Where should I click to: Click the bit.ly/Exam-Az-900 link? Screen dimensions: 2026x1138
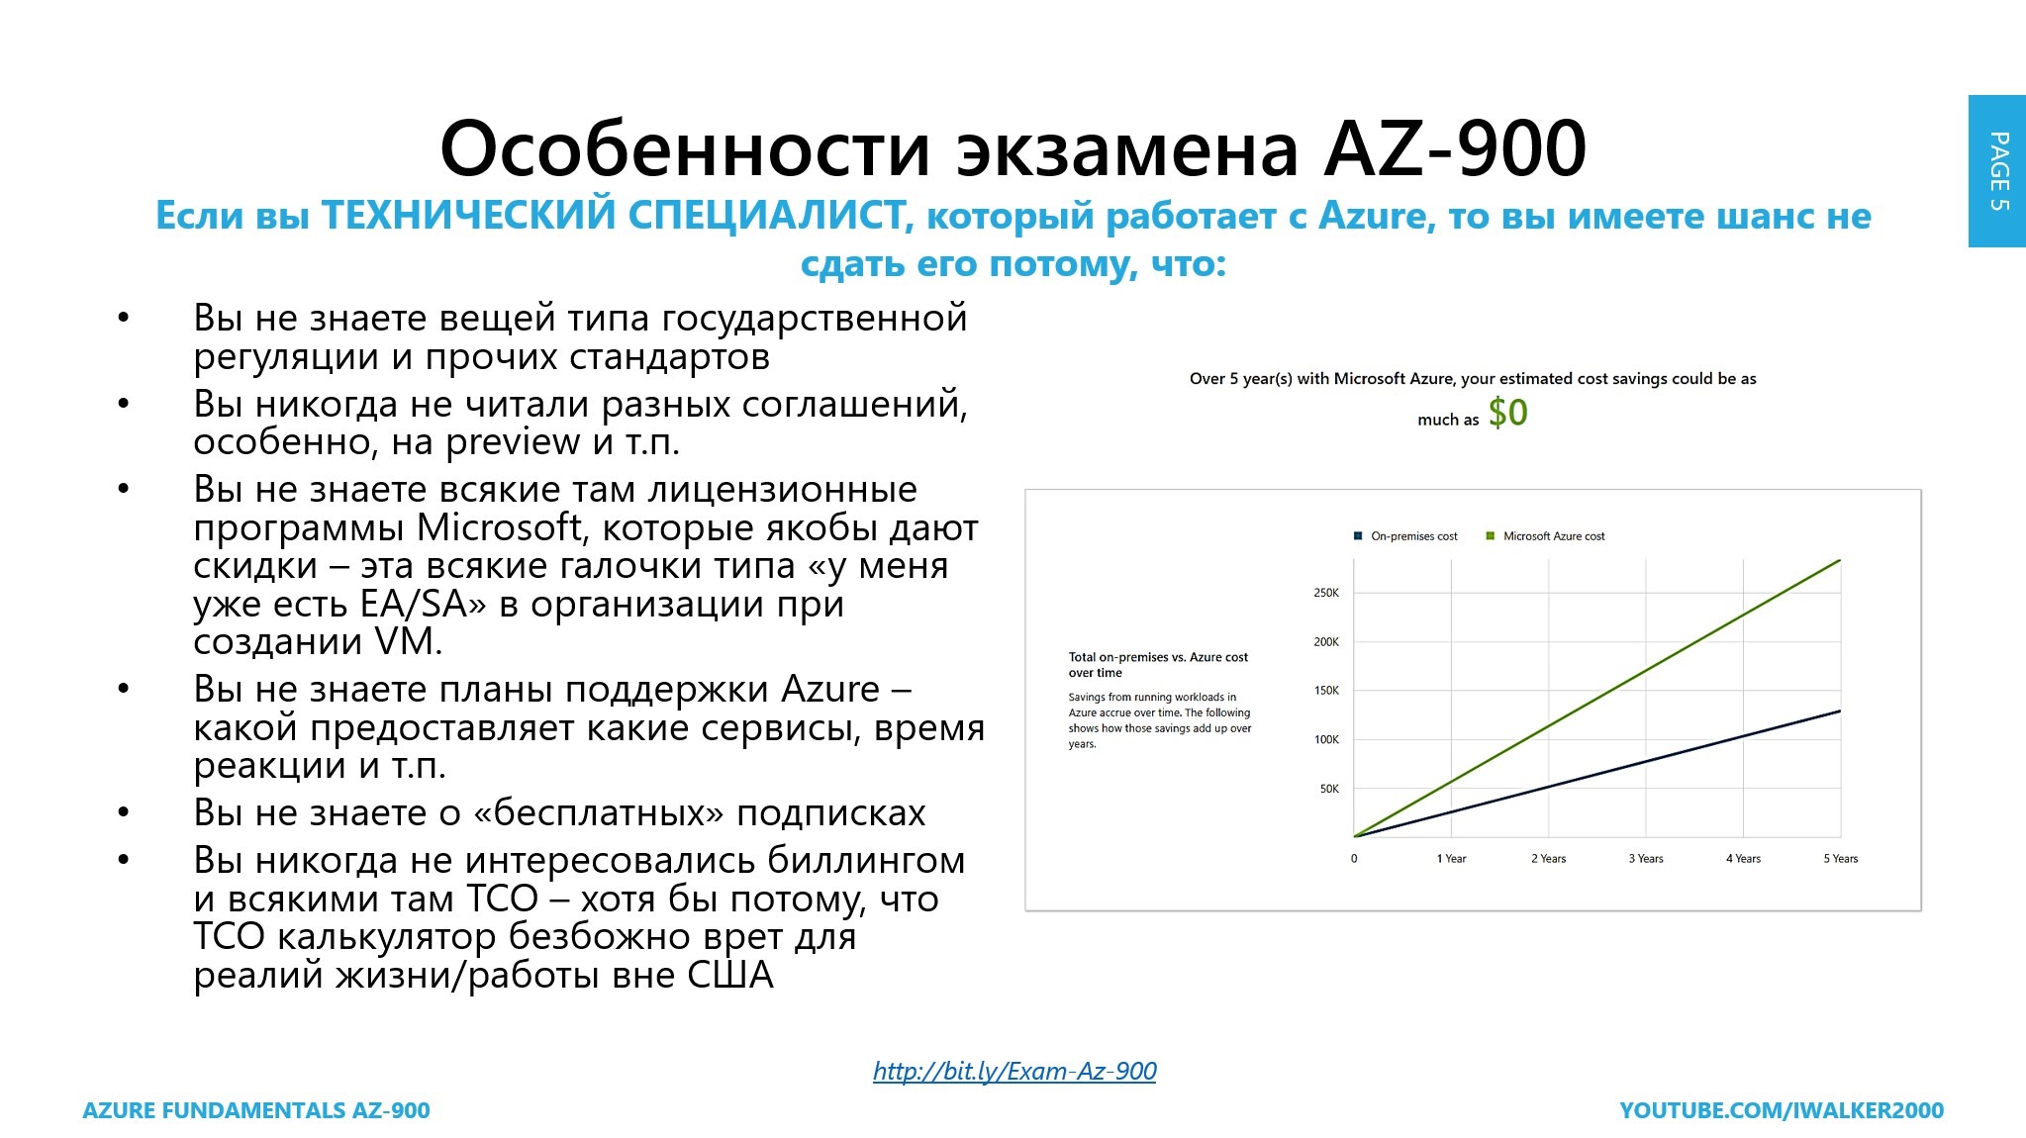[1014, 1071]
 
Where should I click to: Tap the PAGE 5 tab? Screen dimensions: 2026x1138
[1997, 171]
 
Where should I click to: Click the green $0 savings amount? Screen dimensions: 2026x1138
[1507, 413]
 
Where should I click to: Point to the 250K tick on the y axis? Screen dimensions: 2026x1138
[1326, 593]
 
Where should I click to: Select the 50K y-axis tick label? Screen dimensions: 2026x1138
[1329, 789]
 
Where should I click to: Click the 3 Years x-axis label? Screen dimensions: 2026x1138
[1646, 859]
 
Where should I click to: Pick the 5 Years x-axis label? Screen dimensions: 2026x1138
[1841, 859]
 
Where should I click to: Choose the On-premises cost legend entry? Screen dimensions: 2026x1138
[1405, 536]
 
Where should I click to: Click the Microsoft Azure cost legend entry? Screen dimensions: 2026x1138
[1545, 536]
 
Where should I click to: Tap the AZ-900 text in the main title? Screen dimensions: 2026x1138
[1455, 148]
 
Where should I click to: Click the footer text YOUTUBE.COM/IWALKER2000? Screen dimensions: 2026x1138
[1782, 1110]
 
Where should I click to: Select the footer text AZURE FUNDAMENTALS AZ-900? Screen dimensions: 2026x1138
[256, 1110]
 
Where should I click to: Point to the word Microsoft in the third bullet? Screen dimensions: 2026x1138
[500, 527]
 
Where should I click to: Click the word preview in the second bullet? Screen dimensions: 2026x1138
[513, 442]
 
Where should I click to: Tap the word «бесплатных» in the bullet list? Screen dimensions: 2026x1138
[599, 813]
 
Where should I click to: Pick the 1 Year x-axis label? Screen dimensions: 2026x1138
[1451, 859]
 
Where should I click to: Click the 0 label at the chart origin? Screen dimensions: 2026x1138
[1354, 859]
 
